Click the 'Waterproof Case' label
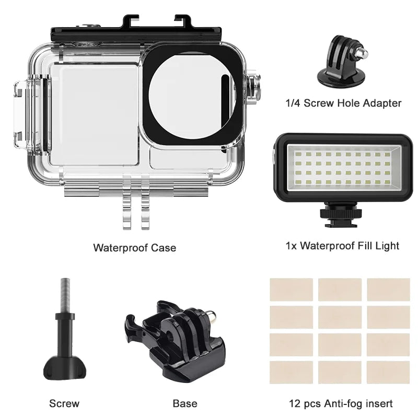coord(134,247)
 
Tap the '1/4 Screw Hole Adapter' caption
coord(343,103)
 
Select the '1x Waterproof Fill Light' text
coord(342,245)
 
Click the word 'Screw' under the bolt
coord(64,403)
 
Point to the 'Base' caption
coord(185,403)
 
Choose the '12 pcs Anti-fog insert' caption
coord(341,403)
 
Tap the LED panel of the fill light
coord(343,168)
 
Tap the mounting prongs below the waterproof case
coord(137,209)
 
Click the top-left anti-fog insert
coord(291,289)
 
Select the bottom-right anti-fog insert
coord(388,372)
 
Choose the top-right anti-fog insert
coord(388,289)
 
